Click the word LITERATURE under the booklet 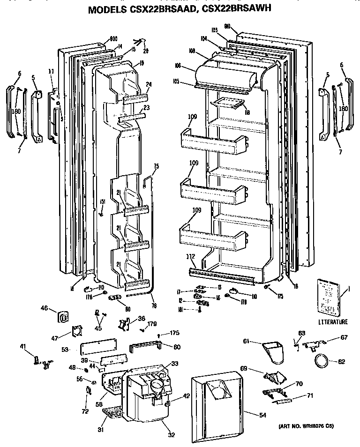pyautogui.click(x=333, y=322)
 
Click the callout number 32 pyautogui.click(x=171, y=435)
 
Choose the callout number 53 pyautogui.click(x=65, y=349)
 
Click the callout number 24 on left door pyautogui.click(x=148, y=85)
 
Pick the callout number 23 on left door pyautogui.click(x=146, y=107)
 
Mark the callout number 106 pyautogui.click(x=191, y=66)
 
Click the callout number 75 pyautogui.click(x=156, y=166)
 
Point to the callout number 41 pyautogui.click(x=22, y=347)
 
